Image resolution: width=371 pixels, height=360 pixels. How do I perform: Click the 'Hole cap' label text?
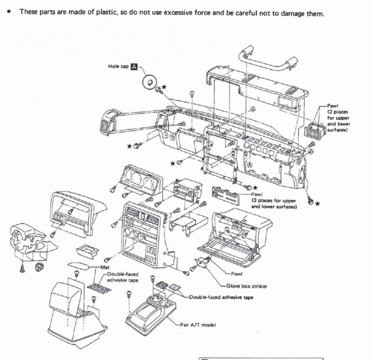click(x=118, y=66)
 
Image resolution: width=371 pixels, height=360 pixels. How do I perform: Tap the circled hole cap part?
click(x=150, y=83)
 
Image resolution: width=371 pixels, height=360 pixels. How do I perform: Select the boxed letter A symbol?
click(x=135, y=66)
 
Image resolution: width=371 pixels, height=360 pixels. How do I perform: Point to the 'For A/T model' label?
click(x=198, y=325)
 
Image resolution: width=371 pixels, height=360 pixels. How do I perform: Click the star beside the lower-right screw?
click(x=317, y=204)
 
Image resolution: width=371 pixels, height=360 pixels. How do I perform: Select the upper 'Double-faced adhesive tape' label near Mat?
click(x=122, y=277)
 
